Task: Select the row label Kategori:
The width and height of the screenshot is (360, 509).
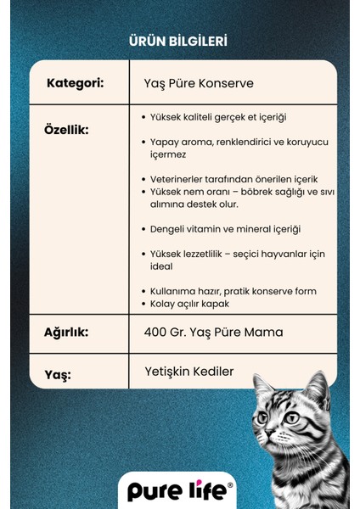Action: [75, 83]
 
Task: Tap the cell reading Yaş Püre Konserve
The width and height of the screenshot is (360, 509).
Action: [199, 83]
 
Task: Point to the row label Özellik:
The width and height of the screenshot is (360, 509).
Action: [65, 131]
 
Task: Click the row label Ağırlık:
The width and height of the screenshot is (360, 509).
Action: [65, 333]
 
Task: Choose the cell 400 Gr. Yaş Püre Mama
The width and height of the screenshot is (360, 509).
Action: [212, 333]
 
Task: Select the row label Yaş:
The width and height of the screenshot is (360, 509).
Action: [57, 374]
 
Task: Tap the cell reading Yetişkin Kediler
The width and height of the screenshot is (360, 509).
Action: [188, 371]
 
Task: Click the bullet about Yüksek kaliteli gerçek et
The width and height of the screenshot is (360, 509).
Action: [212, 117]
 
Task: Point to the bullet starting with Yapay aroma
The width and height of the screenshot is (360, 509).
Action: [233, 148]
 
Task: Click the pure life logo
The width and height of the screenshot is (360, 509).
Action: [177, 491]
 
